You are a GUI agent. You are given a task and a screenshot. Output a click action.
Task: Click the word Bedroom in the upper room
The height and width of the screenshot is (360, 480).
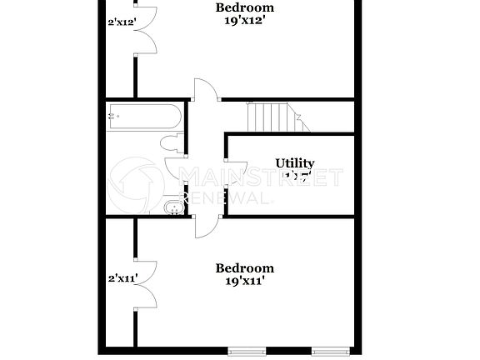[x=244, y=8]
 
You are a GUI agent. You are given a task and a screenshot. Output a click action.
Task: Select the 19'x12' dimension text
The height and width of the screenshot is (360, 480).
[x=244, y=22]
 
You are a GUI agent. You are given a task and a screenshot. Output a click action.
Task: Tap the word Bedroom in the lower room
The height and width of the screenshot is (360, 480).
[x=244, y=267]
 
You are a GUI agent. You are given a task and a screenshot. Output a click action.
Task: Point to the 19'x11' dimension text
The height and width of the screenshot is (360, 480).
[x=244, y=282]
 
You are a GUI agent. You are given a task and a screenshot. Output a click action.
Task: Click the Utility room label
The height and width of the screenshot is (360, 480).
[x=295, y=163]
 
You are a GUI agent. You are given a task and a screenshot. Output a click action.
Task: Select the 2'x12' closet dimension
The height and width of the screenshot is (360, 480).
[x=121, y=22]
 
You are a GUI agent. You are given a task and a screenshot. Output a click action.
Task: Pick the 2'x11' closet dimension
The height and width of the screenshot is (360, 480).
[x=121, y=280]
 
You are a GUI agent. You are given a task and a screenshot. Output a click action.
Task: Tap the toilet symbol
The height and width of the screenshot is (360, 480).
[x=173, y=143]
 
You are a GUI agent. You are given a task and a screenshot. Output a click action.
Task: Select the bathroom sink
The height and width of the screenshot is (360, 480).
[x=172, y=206]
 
